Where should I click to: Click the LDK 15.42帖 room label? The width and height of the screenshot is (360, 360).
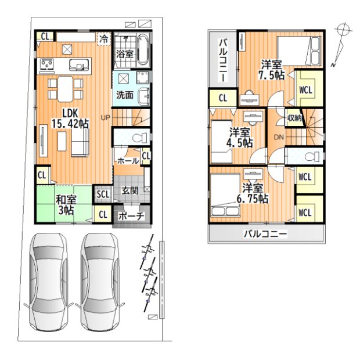click(x=70, y=118)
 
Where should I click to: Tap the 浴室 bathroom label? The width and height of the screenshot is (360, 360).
click(x=124, y=54)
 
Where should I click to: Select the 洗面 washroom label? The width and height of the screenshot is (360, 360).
click(x=125, y=95)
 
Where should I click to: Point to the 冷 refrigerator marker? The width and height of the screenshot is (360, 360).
click(x=104, y=39)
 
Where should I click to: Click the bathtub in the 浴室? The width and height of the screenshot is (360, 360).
click(x=143, y=49)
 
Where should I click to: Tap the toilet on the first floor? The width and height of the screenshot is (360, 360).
click(x=140, y=138)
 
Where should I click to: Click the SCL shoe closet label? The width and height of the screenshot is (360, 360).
click(x=103, y=195)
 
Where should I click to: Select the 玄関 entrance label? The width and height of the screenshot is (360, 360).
click(x=130, y=190)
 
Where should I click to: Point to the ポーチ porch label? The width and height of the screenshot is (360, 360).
click(x=132, y=216)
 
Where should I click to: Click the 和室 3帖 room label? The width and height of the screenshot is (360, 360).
click(x=66, y=205)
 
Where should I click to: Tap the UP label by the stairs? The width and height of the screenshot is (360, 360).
click(x=105, y=117)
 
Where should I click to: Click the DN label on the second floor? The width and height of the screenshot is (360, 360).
click(x=279, y=137)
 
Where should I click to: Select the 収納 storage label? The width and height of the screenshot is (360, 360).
click(x=294, y=118)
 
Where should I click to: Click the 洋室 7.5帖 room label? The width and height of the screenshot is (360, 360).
click(x=272, y=70)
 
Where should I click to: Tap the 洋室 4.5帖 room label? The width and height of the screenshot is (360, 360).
click(x=239, y=137)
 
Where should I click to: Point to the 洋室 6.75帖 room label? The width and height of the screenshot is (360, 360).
click(x=253, y=193)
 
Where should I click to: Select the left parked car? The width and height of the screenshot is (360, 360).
click(x=49, y=282)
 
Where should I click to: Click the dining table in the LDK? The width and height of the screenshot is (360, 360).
click(x=66, y=89)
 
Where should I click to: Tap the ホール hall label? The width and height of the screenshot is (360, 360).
click(x=128, y=161)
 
